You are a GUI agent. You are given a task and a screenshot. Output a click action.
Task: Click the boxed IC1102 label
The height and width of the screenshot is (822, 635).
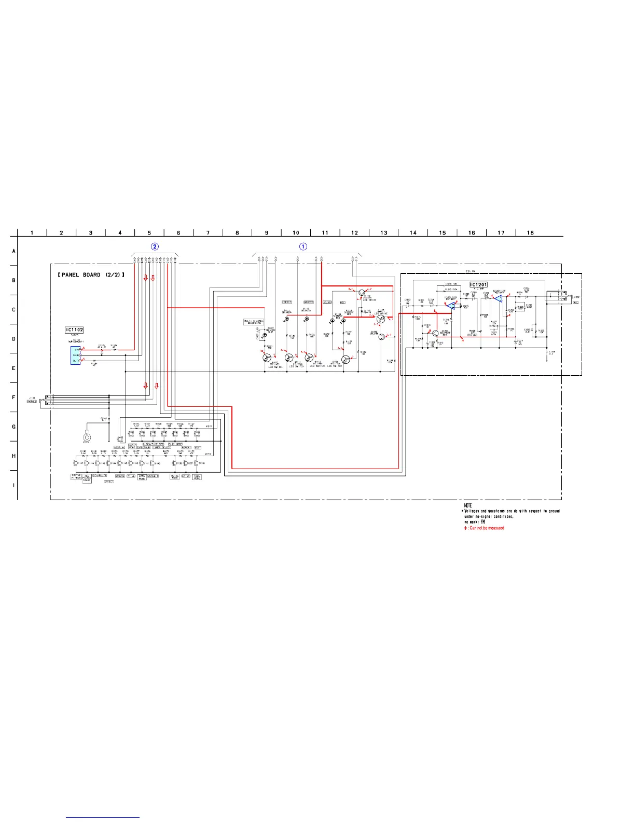coord(74,330)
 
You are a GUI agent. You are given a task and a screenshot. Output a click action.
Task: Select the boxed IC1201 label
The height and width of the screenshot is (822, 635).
coord(478,284)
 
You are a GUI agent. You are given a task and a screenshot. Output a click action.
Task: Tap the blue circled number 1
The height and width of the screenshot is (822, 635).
coord(303,246)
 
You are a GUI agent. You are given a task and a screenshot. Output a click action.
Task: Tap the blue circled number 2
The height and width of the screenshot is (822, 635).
coord(154,246)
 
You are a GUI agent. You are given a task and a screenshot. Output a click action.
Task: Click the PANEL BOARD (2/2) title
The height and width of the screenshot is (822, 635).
coord(91,275)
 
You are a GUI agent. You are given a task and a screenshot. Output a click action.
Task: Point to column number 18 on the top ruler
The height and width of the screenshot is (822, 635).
coord(530,232)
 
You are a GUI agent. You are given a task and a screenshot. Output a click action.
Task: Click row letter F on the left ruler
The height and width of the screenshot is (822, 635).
coord(13,398)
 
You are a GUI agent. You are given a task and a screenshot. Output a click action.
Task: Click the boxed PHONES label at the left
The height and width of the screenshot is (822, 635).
coord(32,401)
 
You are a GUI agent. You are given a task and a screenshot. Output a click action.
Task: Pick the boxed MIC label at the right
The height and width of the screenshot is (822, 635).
coord(575,302)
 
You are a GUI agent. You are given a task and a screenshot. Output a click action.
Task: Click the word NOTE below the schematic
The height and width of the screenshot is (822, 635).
coord(467,505)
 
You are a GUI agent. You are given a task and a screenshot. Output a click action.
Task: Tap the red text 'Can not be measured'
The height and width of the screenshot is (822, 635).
coord(487,528)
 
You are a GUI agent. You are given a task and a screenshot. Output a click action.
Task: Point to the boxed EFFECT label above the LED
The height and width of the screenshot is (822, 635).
coord(286,302)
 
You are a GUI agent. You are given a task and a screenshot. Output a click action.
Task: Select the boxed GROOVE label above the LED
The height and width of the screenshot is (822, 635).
coord(308,302)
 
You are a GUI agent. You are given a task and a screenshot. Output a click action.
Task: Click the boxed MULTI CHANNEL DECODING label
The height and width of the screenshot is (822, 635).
coord(253,322)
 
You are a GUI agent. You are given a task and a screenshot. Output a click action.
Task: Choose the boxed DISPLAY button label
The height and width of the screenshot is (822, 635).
coord(119,447)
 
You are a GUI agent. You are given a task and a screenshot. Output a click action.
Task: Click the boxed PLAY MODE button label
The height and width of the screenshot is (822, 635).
coord(175,444)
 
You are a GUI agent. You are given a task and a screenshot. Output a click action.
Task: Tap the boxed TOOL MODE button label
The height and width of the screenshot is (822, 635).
coord(197,477)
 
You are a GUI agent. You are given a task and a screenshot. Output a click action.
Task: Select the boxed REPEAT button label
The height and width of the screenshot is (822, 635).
coord(186,447)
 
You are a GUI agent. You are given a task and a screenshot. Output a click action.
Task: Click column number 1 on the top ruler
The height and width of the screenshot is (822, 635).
coord(32,232)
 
